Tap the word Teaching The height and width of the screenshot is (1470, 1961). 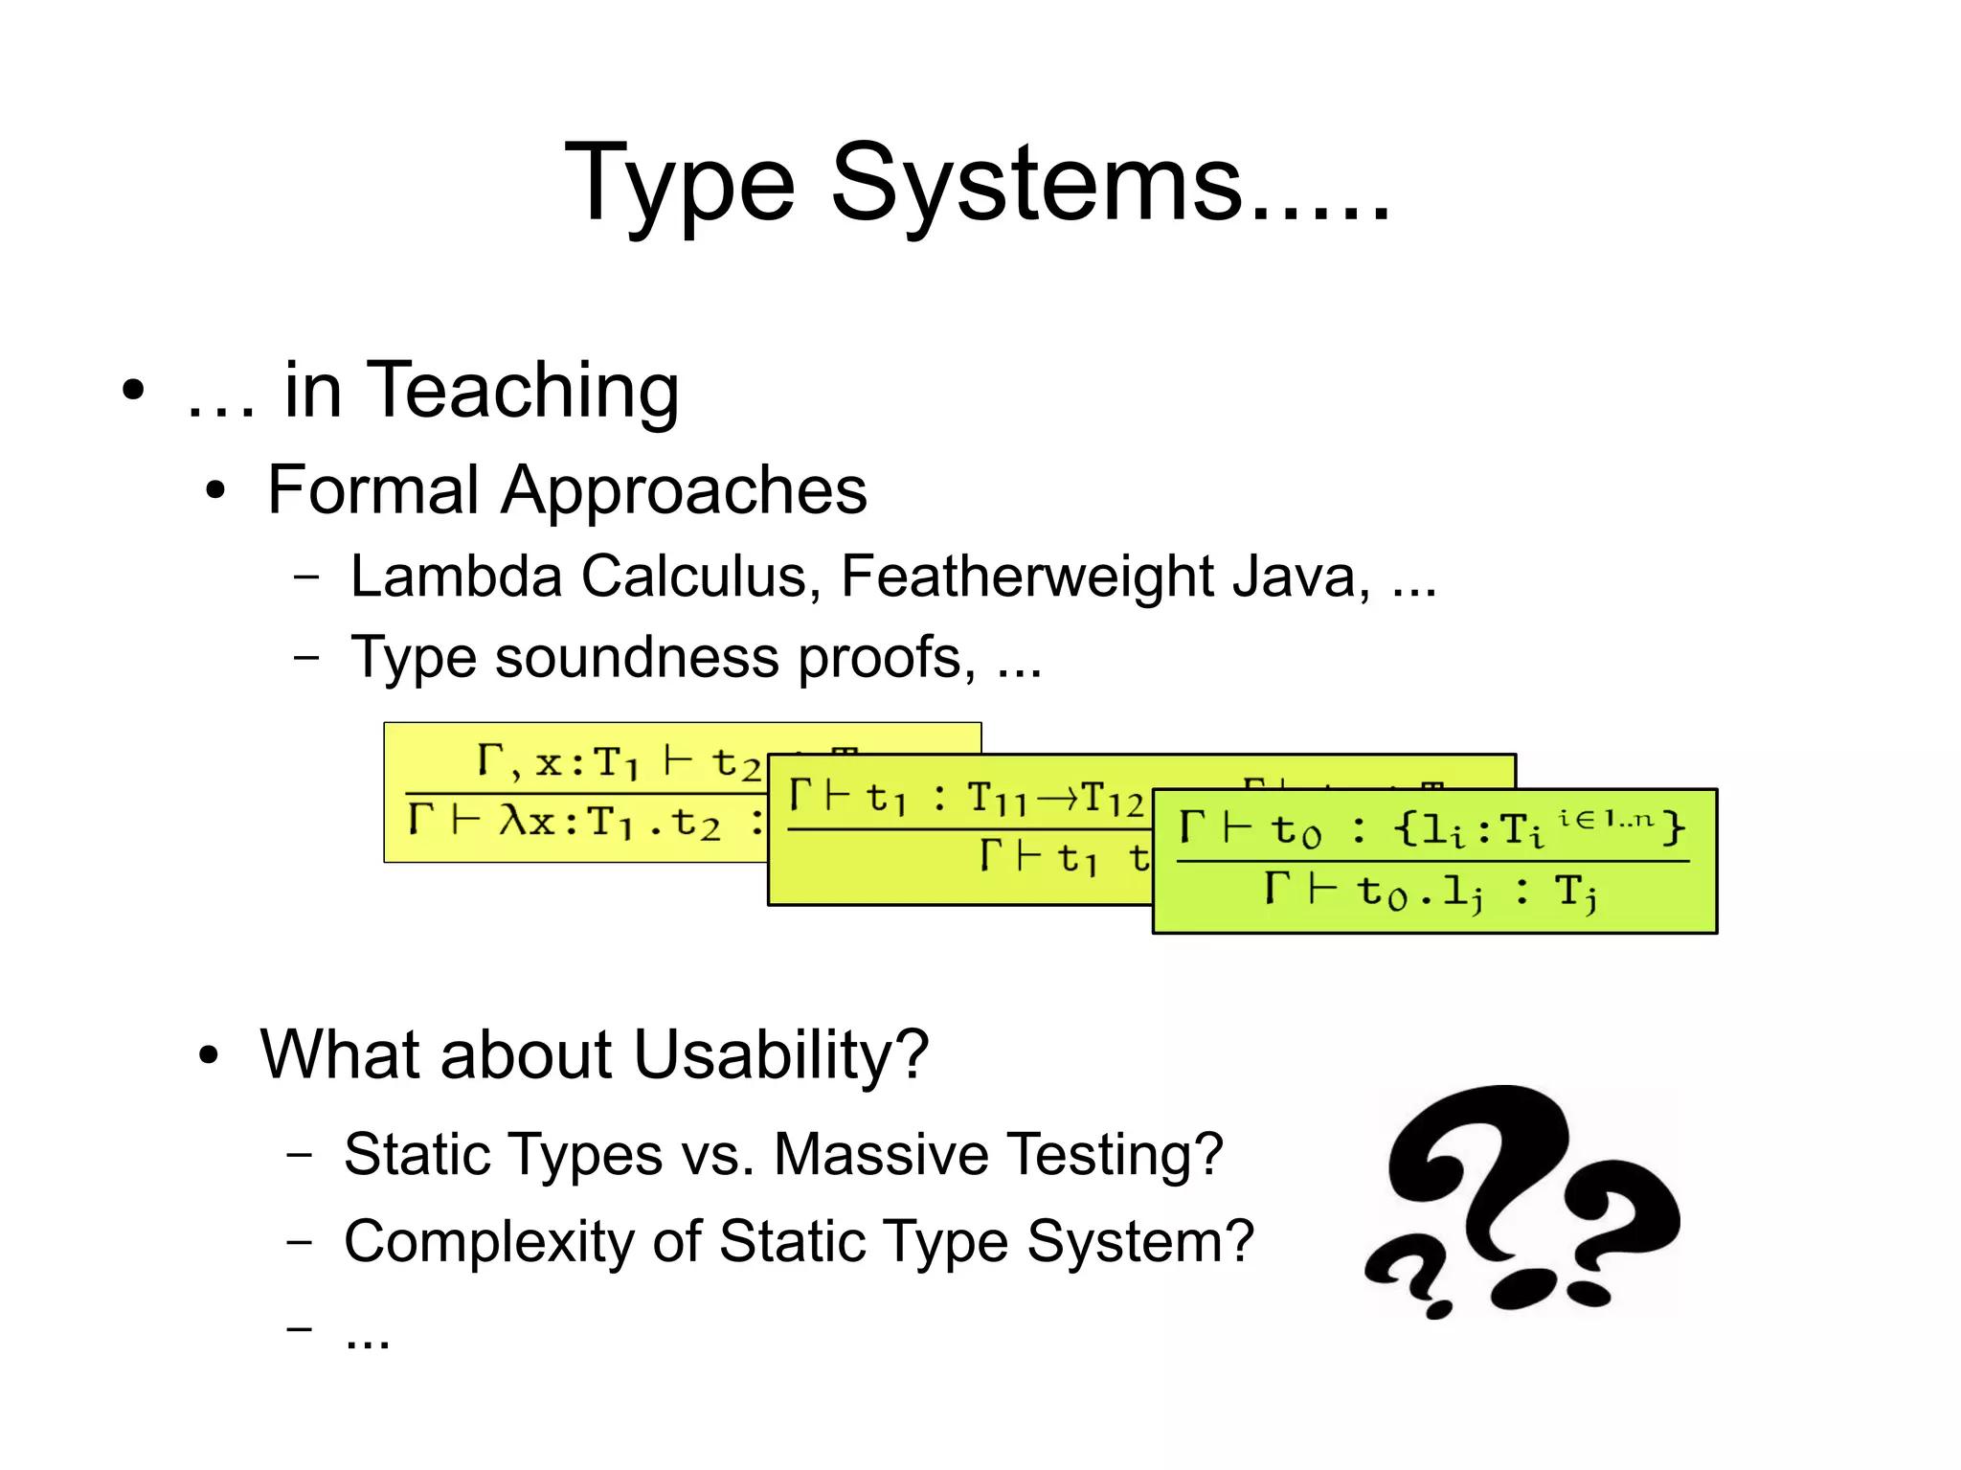523,393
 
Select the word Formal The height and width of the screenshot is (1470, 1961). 373,490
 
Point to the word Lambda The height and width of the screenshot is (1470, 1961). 456,577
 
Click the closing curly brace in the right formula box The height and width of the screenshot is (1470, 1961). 1673,826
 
